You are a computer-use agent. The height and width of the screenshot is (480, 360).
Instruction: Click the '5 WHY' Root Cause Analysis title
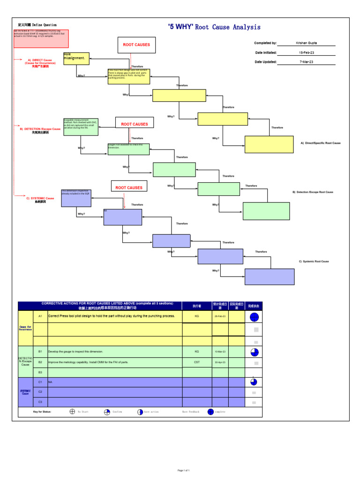214,27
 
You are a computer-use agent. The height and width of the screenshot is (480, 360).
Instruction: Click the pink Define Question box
41,38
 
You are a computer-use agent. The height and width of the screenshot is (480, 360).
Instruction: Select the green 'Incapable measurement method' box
81,127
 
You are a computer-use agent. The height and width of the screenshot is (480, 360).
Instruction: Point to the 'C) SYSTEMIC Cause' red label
40,199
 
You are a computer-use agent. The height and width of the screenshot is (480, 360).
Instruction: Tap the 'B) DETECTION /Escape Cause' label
40,129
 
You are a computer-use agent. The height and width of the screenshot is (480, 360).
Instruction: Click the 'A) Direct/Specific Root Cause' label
321,143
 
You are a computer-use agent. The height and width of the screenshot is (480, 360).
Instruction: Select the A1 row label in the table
40,316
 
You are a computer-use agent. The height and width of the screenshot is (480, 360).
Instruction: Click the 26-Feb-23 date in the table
220,316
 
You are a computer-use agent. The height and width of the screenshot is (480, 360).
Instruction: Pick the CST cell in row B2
197,362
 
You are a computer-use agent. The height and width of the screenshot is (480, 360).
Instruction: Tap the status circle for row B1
254,352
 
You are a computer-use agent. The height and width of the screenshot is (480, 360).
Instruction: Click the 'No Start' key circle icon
72,412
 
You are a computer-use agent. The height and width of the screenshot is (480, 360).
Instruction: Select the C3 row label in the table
40,402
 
